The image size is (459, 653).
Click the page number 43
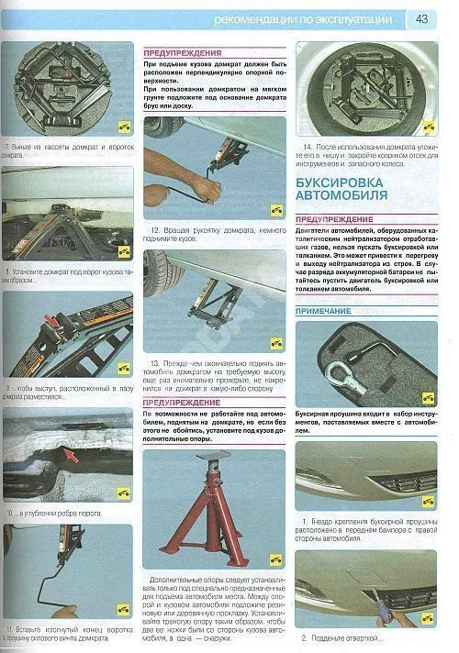click(x=421, y=18)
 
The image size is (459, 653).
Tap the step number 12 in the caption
click(x=155, y=229)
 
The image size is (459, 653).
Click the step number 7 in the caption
click(x=7, y=148)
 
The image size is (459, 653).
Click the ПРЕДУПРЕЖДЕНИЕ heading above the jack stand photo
click(x=182, y=401)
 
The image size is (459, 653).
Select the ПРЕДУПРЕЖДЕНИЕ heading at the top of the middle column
click(x=182, y=53)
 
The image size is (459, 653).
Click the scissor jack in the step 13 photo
click(x=215, y=307)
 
